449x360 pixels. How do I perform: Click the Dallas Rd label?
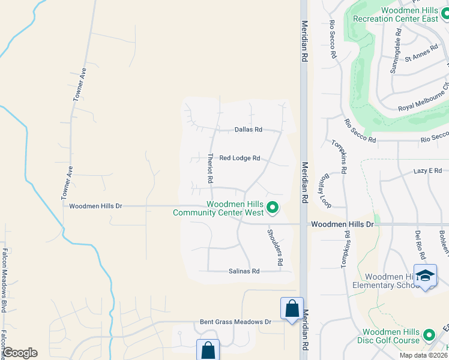tap(249, 129)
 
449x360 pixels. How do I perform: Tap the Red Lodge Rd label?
tap(240, 158)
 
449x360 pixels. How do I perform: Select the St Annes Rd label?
tap(421, 54)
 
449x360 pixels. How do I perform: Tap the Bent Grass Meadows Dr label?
tap(236, 322)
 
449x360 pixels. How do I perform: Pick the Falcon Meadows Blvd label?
tap(4, 281)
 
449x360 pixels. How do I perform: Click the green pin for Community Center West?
tap(273, 208)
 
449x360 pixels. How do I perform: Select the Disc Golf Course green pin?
tap(429, 334)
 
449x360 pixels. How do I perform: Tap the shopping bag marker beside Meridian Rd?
tap(292, 309)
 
